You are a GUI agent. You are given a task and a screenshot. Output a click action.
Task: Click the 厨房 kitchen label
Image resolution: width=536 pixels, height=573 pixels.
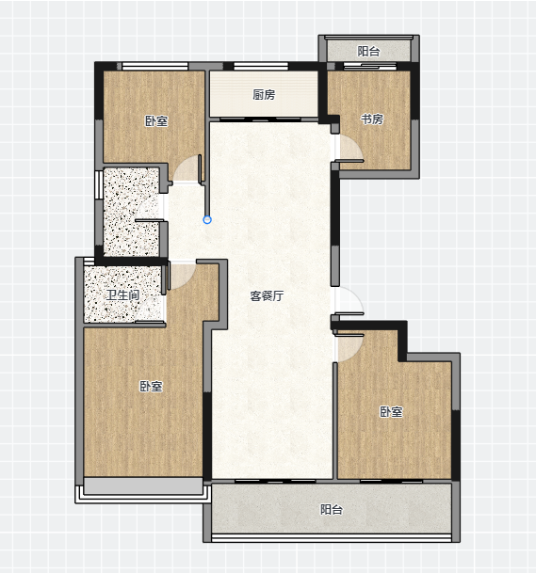click(x=264, y=95)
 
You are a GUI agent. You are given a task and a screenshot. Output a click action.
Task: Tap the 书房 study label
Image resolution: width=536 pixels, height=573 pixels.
click(x=372, y=119)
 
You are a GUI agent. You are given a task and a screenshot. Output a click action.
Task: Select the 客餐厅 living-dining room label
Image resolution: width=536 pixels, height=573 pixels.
click(x=267, y=295)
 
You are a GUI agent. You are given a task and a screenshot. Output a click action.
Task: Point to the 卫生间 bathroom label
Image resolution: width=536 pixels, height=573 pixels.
click(x=123, y=294)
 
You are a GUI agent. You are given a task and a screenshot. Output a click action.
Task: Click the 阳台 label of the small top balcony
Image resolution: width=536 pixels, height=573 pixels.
click(x=368, y=51)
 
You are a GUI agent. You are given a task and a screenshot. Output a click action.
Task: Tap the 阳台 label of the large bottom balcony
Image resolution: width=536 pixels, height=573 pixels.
click(x=332, y=509)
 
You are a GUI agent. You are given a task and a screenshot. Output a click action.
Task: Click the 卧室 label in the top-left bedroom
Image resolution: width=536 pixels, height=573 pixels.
click(x=156, y=121)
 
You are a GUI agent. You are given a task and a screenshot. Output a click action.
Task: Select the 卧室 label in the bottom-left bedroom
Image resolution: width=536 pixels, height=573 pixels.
click(x=151, y=387)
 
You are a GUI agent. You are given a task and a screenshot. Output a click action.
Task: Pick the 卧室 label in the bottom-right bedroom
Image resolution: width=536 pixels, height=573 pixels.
click(x=391, y=412)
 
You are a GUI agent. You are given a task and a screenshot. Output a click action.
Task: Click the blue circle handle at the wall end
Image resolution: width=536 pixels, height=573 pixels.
click(x=207, y=219)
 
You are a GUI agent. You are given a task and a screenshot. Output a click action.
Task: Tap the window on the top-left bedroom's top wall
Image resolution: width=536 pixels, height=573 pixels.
click(x=155, y=66)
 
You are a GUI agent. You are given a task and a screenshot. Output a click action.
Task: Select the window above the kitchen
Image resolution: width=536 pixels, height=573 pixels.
click(x=261, y=66)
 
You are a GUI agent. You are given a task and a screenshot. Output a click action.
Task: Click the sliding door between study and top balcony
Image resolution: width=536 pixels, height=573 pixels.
click(x=370, y=66)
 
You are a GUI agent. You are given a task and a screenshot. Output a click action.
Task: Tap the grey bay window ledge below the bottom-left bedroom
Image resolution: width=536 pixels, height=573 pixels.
click(x=143, y=485)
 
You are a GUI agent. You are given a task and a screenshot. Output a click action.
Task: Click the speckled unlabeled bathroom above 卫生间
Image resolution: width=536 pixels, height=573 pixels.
click(x=131, y=212)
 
